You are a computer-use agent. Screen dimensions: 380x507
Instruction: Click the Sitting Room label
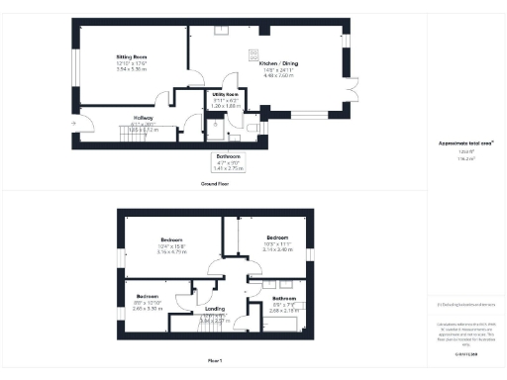coord(132,58)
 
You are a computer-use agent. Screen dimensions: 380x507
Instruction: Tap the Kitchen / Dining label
coord(251,62)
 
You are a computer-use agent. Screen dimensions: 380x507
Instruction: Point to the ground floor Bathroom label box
coord(228,161)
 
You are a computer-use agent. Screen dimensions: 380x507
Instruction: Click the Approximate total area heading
coord(466,142)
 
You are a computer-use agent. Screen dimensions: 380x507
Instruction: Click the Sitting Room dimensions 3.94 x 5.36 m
coord(132,69)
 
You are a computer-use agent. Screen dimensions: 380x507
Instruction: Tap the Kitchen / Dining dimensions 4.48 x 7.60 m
coord(251,74)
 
